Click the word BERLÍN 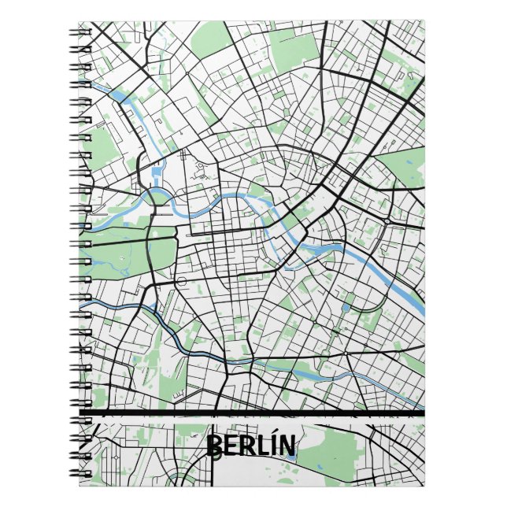(x=251, y=446)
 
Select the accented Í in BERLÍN (x=270, y=446)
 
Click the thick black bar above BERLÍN (x=252, y=413)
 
